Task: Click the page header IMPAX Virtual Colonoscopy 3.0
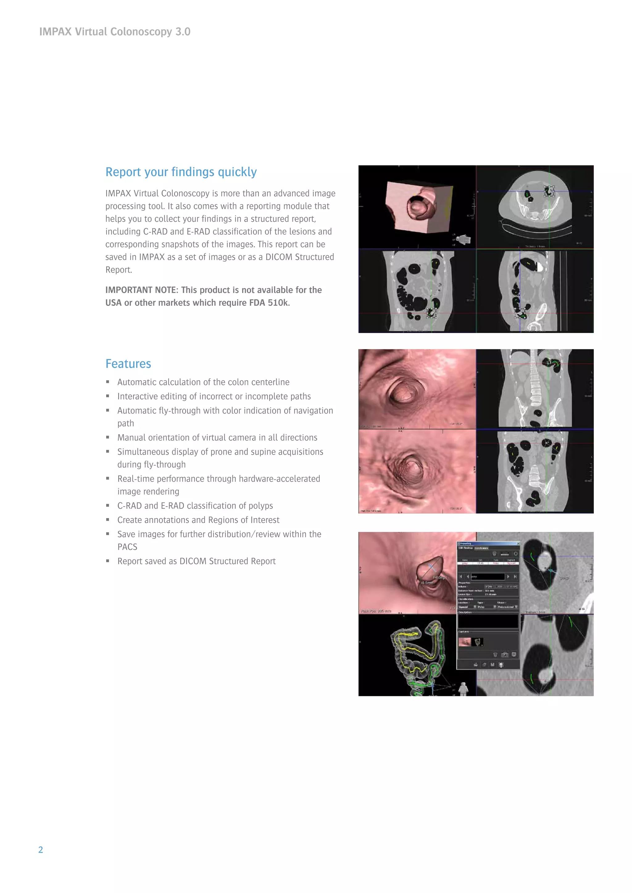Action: [x=115, y=31]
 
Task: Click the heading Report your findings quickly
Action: [x=181, y=172]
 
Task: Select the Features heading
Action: [x=128, y=364]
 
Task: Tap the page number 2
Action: [x=40, y=850]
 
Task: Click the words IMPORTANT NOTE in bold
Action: [x=141, y=290]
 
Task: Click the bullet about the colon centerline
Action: [x=203, y=382]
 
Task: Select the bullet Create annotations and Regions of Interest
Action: [x=198, y=520]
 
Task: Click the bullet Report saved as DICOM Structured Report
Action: [x=196, y=561]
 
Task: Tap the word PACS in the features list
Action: [x=127, y=547]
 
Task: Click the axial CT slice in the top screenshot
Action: [x=535, y=206]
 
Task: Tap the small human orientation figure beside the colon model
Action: [x=463, y=689]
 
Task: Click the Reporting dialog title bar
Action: [x=488, y=543]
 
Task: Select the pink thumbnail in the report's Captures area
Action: [x=464, y=642]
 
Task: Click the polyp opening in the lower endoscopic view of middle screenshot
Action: [x=410, y=467]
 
